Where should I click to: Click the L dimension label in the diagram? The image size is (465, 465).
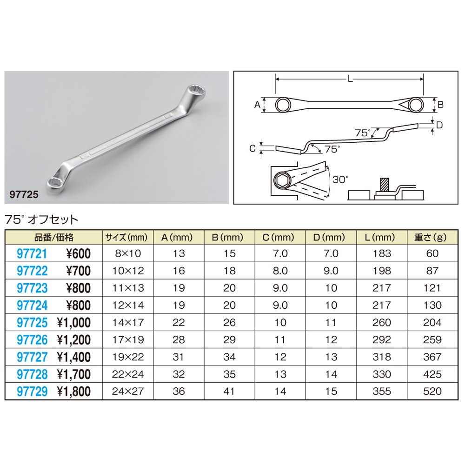(x=350, y=80)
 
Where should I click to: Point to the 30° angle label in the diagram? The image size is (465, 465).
(x=340, y=179)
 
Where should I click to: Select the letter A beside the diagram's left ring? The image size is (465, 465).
(x=256, y=105)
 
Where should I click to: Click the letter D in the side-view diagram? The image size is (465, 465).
(x=440, y=125)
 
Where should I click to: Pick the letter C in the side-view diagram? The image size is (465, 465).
(x=252, y=149)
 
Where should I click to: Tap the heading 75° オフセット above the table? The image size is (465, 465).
(x=41, y=219)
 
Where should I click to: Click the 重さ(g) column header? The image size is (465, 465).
(x=430, y=237)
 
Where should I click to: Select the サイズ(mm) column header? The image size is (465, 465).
(x=126, y=237)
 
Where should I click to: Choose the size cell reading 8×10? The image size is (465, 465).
(x=128, y=254)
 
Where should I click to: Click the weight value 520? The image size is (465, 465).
(x=432, y=392)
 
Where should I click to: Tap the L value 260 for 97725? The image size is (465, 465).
(x=382, y=323)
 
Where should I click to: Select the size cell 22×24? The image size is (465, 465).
(x=128, y=374)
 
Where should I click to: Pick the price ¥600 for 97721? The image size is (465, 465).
(x=78, y=254)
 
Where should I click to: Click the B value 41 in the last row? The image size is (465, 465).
(x=230, y=392)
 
